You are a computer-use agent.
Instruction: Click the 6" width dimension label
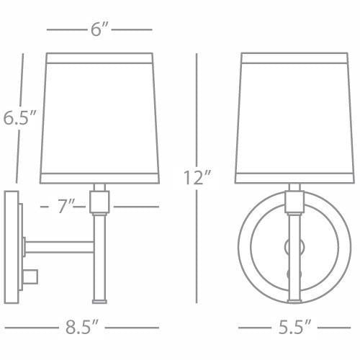(x=100, y=30)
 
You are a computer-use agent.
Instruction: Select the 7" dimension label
(x=66, y=207)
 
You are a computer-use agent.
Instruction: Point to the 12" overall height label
(x=197, y=178)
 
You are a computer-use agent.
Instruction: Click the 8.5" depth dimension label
(x=82, y=327)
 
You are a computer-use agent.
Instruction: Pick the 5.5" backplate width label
(x=294, y=327)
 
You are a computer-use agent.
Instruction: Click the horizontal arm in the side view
(x=59, y=247)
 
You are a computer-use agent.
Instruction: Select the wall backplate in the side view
(x=12, y=247)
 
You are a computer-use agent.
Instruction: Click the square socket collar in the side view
(x=99, y=202)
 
